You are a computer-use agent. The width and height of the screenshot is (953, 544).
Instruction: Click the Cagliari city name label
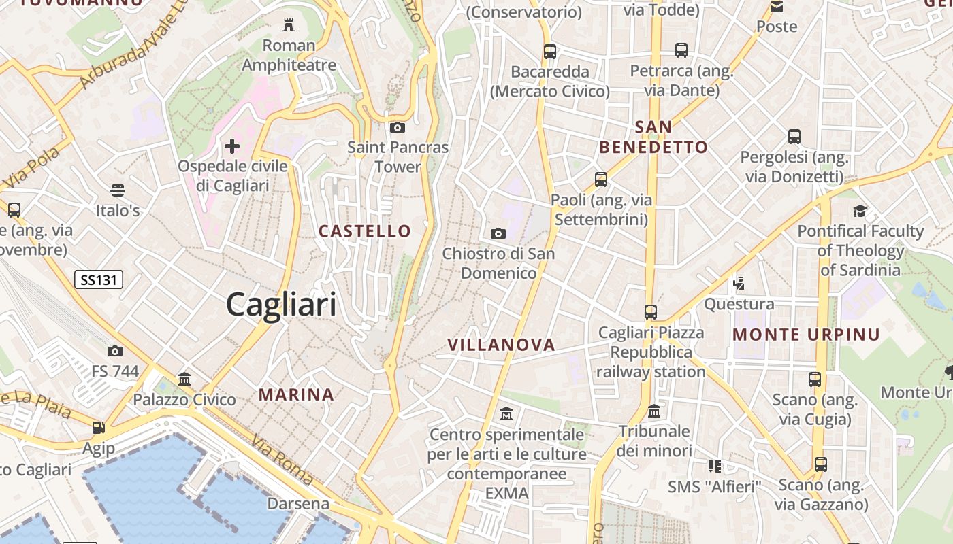pyautogui.click(x=281, y=304)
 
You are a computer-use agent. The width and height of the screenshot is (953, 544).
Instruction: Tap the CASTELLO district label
pyautogui.click(x=365, y=231)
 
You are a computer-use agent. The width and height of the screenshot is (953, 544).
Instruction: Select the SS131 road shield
pyautogui.click(x=99, y=279)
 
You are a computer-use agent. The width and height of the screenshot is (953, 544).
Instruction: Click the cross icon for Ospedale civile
pyautogui.click(x=232, y=146)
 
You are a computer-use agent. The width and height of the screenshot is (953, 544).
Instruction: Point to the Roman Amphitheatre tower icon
pyautogui.click(x=289, y=26)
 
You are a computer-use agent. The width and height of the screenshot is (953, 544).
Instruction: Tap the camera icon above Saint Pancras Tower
pyautogui.click(x=398, y=127)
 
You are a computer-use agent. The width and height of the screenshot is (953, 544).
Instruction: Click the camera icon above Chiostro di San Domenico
pyautogui.click(x=498, y=234)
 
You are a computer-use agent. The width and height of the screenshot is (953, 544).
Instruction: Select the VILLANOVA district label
pyautogui.click(x=502, y=345)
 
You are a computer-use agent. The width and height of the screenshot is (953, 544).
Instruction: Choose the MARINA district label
pyautogui.click(x=296, y=394)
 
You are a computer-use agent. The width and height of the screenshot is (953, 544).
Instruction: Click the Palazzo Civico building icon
pyautogui.click(x=184, y=379)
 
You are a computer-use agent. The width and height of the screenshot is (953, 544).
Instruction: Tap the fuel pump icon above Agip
pyautogui.click(x=99, y=428)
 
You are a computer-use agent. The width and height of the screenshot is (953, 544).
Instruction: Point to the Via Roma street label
pyautogui.click(x=282, y=461)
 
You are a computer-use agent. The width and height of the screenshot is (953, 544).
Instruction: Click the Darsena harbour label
pyautogui.click(x=298, y=504)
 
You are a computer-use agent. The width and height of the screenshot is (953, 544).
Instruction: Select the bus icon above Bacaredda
pyautogui.click(x=549, y=51)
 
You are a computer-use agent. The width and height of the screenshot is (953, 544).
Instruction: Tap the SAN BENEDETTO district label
pyautogui.click(x=653, y=137)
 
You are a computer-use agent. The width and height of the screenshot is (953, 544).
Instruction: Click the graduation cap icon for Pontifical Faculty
pyautogui.click(x=860, y=211)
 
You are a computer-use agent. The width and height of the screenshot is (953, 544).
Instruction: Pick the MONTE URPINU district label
pyautogui.click(x=807, y=335)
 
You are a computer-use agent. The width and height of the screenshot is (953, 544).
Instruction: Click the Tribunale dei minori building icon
pyautogui.click(x=654, y=411)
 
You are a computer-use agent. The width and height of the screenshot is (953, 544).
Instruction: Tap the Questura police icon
pyautogui.click(x=739, y=283)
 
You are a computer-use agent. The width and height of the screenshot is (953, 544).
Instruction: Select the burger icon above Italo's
pyautogui.click(x=118, y=190)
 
